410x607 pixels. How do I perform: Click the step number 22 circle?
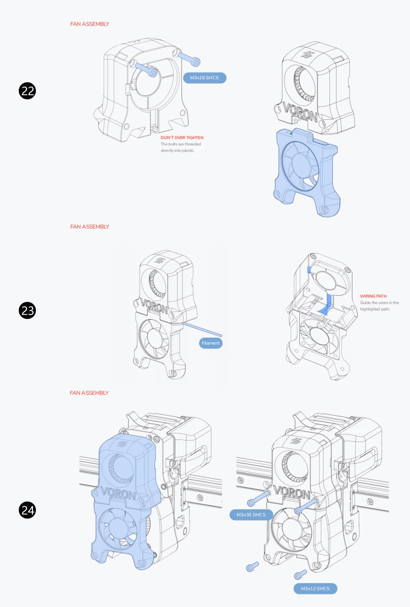click(27, 91)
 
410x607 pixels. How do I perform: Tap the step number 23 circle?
click(27, 310)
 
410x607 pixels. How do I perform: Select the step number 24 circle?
click(27, 510)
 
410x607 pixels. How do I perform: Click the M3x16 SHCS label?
click(205, 78)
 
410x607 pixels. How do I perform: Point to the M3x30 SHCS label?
click(251, 515)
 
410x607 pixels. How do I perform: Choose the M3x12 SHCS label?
click(315, 589)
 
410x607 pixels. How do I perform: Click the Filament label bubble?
click(211, 343)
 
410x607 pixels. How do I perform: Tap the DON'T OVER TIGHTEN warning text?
click(182, 138)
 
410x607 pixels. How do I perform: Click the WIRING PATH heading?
click(373, 296)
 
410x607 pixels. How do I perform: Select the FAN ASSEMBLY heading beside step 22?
click(90, 24)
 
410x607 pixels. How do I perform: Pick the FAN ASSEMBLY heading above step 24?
click(89, 393)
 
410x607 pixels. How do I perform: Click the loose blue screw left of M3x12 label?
click(252, 567)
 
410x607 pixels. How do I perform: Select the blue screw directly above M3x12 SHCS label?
click(300, 575)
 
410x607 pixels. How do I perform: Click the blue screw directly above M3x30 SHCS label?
click(259, 498)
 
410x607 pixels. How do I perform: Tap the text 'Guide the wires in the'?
click(379, 303)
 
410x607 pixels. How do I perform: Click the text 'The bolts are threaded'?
click(181, 144)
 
